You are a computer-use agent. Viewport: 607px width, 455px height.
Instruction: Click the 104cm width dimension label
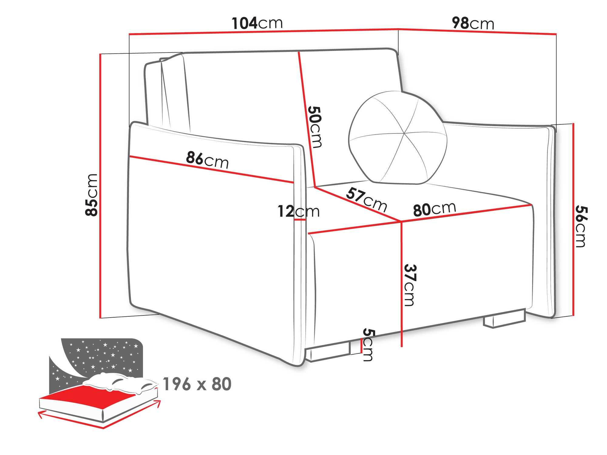click(x=257, y=23)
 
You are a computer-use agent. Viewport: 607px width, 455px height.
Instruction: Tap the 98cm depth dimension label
click(x=473, y=23)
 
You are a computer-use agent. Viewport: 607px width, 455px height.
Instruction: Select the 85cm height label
click(x=91, y=195)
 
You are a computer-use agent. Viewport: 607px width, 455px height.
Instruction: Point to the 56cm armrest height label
click(x=581, y=226)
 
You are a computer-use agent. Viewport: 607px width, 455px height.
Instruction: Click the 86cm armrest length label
click(x=207, y=160)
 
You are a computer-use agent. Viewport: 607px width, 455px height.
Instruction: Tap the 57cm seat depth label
click(x=367, y=199)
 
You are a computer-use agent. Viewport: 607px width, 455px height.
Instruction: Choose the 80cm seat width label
click(x=434, y=209)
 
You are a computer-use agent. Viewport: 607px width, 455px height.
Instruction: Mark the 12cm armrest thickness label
click(x=298, y=211)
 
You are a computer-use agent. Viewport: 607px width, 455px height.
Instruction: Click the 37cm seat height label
click(x=410, y=285)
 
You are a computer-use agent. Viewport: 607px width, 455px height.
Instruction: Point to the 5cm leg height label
click(x=368, y=345)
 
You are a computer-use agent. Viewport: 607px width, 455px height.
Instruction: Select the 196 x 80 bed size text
click(x=197, y=384)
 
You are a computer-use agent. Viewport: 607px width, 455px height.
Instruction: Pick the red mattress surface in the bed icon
click(x=91, y=394)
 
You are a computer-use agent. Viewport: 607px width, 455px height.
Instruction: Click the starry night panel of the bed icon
click(x=100, y=355)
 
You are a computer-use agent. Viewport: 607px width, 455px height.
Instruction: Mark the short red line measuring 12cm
click(x=300, y=220)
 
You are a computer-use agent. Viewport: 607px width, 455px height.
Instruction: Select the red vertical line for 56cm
click(x=573, y=220)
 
